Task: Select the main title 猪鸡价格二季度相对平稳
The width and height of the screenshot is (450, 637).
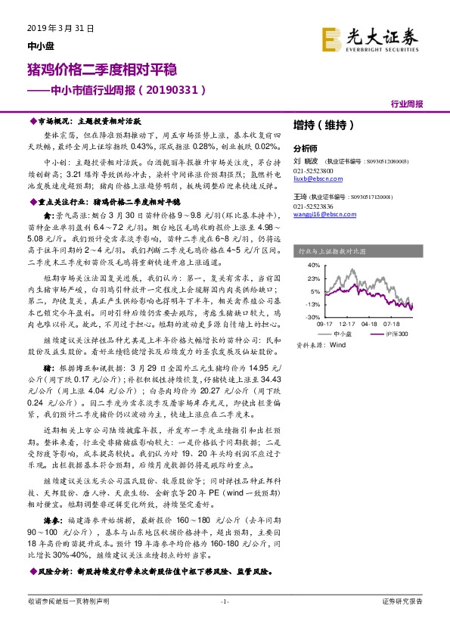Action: click(102, 70)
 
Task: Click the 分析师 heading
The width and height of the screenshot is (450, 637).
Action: click(306, 149)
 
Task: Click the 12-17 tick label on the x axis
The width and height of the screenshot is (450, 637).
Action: click(349, 323)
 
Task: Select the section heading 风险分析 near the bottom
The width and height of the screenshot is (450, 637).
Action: click(54, 570)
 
